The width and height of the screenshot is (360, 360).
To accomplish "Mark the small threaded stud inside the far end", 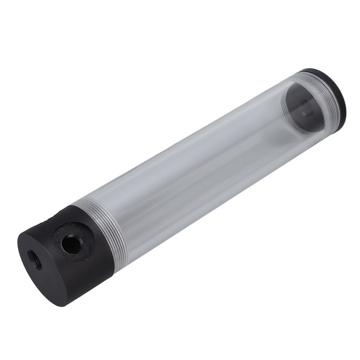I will [308, 108].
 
